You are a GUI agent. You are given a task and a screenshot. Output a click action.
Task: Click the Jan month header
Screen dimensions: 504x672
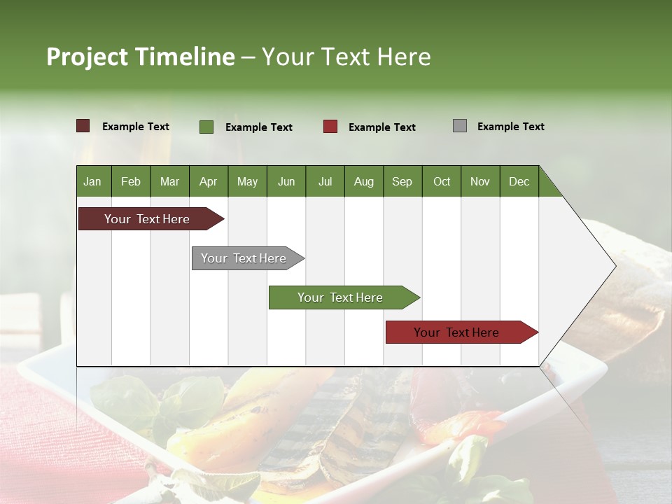click(92, 181)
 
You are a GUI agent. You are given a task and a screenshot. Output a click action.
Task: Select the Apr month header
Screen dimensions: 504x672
click(209, 181)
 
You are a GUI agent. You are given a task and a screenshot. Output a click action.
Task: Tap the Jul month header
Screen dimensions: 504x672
click(325, 181)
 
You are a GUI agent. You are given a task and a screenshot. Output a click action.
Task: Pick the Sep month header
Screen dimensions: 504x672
click(402, 181)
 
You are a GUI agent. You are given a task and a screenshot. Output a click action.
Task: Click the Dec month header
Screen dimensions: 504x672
click(519, 181)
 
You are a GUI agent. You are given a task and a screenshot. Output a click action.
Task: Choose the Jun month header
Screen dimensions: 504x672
click(286, 181)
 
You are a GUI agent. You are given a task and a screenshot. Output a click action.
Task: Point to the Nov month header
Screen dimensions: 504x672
click(480, 181)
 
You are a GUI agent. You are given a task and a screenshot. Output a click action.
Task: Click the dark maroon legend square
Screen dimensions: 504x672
click(83, 126)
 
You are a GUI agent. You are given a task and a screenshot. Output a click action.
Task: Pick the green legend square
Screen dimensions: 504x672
click(206, 127)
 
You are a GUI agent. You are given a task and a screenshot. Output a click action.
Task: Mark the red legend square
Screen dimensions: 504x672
click(330, 127)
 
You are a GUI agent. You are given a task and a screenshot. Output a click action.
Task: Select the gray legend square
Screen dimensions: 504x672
click(460, 126)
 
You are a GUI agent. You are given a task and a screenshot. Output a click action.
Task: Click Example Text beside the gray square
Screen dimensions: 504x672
click(510, 126)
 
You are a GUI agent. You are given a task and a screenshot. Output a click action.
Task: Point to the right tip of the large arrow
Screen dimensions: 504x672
click(615, 266)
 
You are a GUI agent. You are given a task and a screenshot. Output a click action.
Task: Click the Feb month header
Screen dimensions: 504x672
click(131, 181)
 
